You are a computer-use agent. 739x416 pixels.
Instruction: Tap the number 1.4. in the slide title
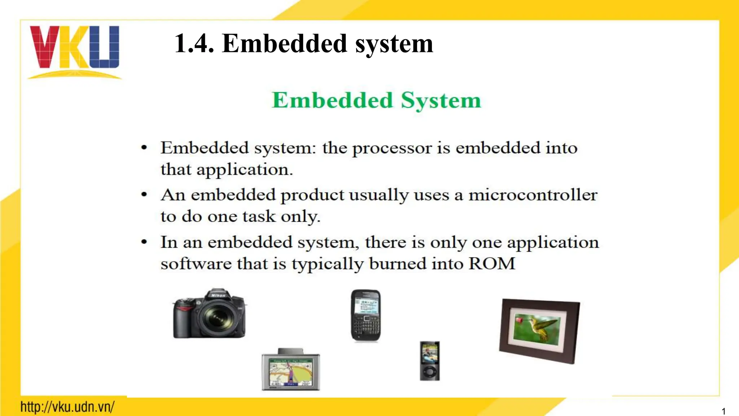[x=194, y=44]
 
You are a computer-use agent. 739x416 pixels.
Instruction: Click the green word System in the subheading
[x=441, y=100]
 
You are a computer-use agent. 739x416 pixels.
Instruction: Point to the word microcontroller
[x=533, y=195]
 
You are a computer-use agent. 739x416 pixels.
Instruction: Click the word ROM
[x=492, y=264]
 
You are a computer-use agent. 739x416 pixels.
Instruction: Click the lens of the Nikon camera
[x=217, y=318]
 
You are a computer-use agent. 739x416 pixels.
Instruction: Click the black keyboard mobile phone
[x=366, y=315]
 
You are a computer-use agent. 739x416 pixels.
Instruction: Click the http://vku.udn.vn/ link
[x=67, y=407]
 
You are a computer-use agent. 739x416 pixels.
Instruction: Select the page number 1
[x=723, y=411]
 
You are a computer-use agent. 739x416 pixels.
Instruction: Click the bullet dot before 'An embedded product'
[x=144, y=195]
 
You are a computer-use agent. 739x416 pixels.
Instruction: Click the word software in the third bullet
[x=196, y=264]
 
